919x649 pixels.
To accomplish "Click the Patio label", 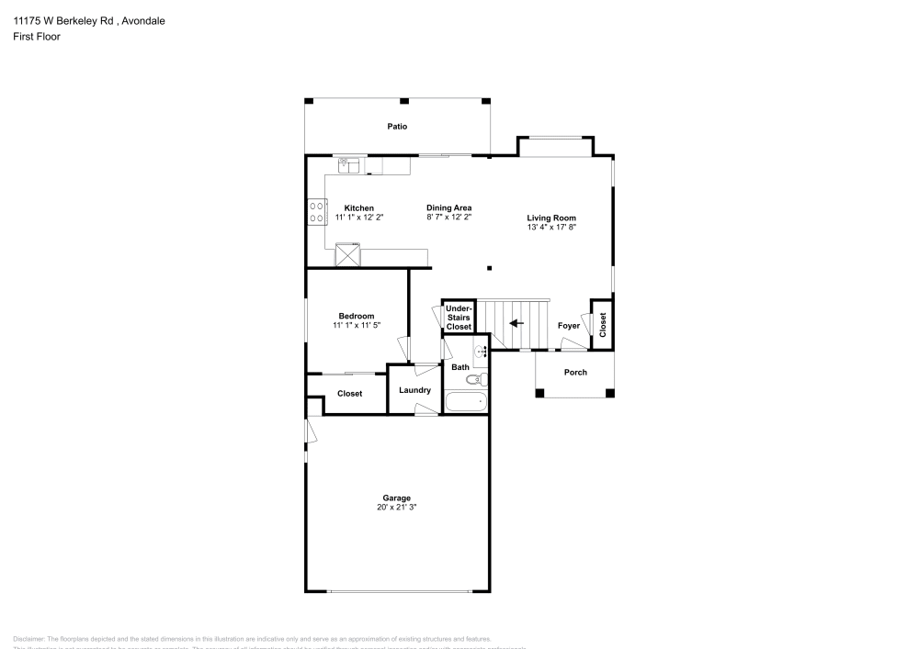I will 396,127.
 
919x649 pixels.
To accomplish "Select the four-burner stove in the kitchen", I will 315,212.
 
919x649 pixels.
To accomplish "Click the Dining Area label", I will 448,207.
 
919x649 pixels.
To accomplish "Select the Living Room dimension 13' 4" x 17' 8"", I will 551,227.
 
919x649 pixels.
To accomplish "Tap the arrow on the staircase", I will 516,323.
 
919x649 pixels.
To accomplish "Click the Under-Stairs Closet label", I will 458,318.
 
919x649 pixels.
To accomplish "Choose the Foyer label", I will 569,325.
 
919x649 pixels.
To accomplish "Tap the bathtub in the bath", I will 466,402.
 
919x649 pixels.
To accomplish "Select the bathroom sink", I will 481,350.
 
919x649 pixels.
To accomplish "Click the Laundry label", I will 414,390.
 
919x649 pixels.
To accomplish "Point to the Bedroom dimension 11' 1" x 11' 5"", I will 357,325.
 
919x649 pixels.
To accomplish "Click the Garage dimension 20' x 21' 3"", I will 397,507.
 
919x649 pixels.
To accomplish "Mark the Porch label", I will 575,372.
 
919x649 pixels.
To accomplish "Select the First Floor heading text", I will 37,37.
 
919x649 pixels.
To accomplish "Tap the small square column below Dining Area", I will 489,268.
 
